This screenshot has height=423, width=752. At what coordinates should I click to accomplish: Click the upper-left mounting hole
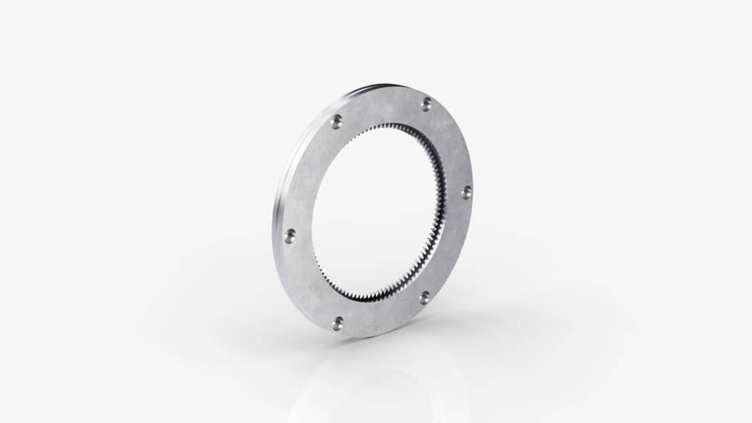pos(335,122)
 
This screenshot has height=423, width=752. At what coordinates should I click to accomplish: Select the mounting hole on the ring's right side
pos(466,192)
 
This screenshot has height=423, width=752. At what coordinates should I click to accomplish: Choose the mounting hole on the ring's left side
pos(290,236)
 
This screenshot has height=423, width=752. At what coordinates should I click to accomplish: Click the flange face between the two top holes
pos(380,107)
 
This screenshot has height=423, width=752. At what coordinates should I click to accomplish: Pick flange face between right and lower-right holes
pos(451,246)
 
